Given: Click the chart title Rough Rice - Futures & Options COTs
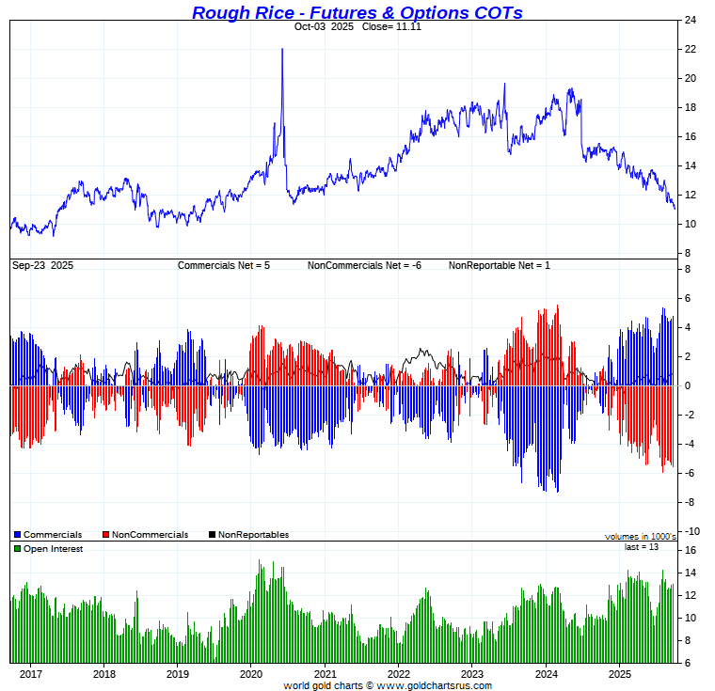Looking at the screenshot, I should pyautogui.click(x=357, y=12).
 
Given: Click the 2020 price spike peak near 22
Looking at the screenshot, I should pyautogui.click(x=282, y=50).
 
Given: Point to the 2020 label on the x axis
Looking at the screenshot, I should pyautogui.click(x=251, y=674).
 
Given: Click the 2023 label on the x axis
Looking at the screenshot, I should pyautogui.click(x=472, y=674).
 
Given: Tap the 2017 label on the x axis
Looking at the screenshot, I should pyautogui.click(x=30, y=674).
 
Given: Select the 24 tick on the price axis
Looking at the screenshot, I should pyautogui.click(x=691, y=20).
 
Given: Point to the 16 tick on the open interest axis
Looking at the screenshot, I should pyautogui.click(x=691, y=550).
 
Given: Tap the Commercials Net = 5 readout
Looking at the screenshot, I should pyautogui.click(x=224, y=266).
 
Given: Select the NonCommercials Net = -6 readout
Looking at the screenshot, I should pyautogui.click(x=364, y=266).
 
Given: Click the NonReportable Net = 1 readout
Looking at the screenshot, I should pyautogui.click(x=500, y=266).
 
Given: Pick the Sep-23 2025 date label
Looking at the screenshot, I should pyautogui.click(x=42, y=266).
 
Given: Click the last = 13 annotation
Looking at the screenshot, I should pyautogui.click(x=641, y=546).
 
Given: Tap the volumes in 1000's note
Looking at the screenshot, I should pyautogui.click(x=640, y=537).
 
